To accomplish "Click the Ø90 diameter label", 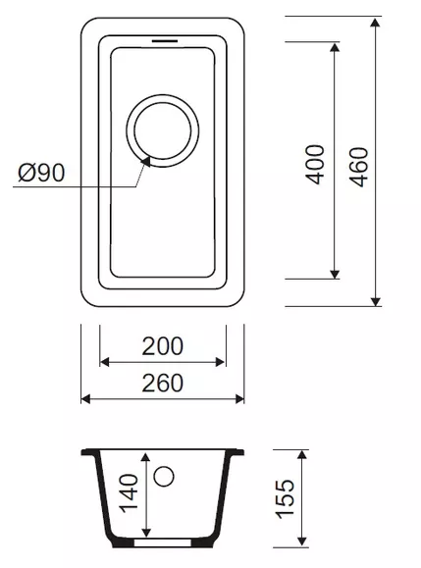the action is [x=41, y=173].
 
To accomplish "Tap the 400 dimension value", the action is [x=315, y=165].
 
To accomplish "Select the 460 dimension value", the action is [x=359, y=167].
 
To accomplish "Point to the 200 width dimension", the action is [x=162, y=346].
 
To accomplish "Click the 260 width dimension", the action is [x=162, y=383].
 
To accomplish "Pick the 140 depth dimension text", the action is [x=130, y=493].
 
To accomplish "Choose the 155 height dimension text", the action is [x=285, y=498].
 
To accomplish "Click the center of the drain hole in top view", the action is [x=162, y=130].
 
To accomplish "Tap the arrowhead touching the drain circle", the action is [x=146, y=161].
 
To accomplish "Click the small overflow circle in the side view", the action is [x=164, y=476].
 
